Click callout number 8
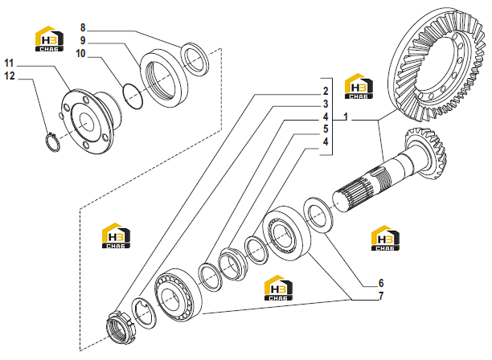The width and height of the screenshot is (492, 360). click(x=83, y=28)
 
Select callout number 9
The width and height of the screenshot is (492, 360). click(x=83, y=41)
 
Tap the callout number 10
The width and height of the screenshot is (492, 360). click(x=80, y=54)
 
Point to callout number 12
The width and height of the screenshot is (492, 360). click(x=10, y=76)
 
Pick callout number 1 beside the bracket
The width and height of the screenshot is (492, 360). click(x=346, y=117)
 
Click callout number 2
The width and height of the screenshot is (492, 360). click(x=326, y=92)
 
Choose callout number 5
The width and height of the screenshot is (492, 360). click(x=326, y=129)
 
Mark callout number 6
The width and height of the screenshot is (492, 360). click(x=381, y=283)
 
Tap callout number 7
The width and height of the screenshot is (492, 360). click(x=381, y=296)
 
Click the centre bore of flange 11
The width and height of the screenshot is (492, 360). click(x=86, y=121)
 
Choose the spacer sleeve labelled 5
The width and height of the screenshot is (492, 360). click(x=232, y=264)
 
